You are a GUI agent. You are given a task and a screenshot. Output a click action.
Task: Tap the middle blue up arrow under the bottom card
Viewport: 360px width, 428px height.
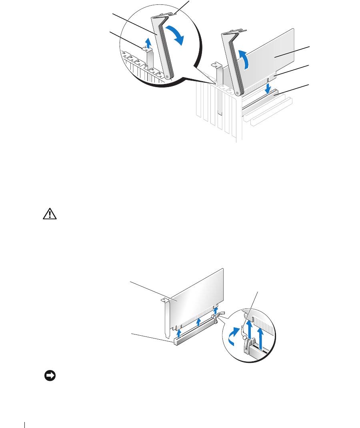[198, 322]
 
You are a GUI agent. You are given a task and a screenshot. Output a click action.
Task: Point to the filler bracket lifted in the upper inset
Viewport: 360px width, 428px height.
[149, 60]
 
